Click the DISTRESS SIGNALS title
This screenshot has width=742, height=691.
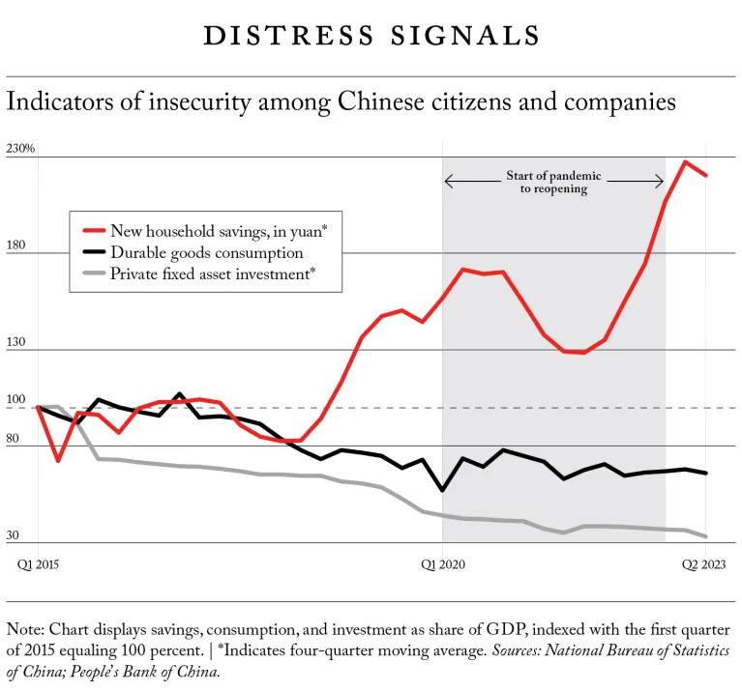click(371, 36)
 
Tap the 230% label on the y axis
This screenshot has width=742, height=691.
click(20, 149)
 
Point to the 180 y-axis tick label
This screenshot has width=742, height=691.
click(17, 245)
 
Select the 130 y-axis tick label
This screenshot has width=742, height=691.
click(17, 342)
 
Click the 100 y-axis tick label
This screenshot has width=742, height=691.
click(17, 400)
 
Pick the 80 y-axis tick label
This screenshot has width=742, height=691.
click(15, 439)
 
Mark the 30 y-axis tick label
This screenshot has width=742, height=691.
click(15, 535)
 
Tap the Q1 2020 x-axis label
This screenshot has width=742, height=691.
click(442, 563)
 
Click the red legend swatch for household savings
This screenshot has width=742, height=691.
click(93, 231)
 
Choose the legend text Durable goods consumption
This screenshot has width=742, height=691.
click(207, 253)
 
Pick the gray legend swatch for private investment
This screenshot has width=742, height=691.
click(93, 275)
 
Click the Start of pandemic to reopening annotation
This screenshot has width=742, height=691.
click(553, 183)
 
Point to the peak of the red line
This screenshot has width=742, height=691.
click(686, 161)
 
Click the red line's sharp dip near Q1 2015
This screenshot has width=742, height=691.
click(58, 460)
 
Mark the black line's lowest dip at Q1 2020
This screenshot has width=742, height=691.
click(443, 490)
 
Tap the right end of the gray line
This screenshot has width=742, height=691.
click(706, 536)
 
